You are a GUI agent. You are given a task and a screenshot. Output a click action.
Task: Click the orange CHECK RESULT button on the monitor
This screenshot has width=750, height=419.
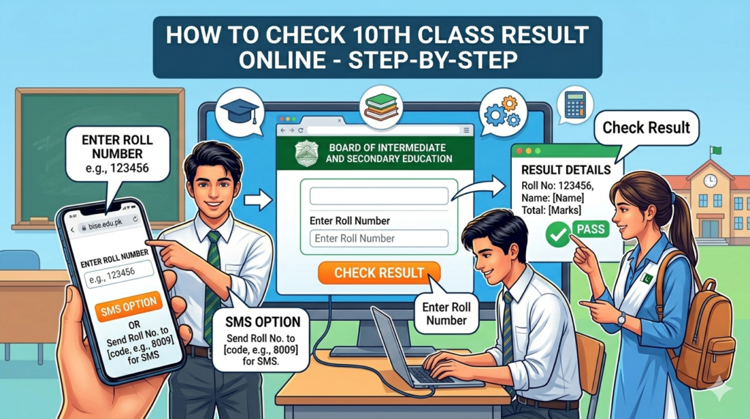click(x=379, y=273)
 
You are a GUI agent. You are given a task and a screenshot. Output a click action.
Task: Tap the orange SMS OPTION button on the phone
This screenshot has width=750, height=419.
click(x=126, y=304)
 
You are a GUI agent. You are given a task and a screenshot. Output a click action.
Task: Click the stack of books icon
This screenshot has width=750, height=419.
click(x=381, y=107)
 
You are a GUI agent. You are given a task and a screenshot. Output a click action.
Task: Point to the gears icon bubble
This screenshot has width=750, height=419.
click(x=502, y=113)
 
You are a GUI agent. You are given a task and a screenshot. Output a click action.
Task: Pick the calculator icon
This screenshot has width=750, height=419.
click(x=575, y=105)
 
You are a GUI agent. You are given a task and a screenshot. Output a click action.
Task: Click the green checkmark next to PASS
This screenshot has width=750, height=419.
click(x=559, y=234)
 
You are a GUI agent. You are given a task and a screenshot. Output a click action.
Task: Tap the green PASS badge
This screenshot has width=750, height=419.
click(x=590, y=229)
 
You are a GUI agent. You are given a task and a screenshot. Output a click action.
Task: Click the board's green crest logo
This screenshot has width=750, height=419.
click(x=306, y=153)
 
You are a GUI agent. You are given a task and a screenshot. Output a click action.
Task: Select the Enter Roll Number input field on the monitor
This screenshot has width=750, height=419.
click(x=379, y=238)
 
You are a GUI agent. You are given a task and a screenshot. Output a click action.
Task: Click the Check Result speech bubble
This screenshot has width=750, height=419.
click(x=645, y=127)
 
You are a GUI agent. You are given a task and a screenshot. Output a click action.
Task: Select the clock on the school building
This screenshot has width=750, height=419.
click(x=709, y=180)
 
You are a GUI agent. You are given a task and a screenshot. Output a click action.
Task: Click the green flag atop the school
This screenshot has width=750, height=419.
click(x=716, y=151)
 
